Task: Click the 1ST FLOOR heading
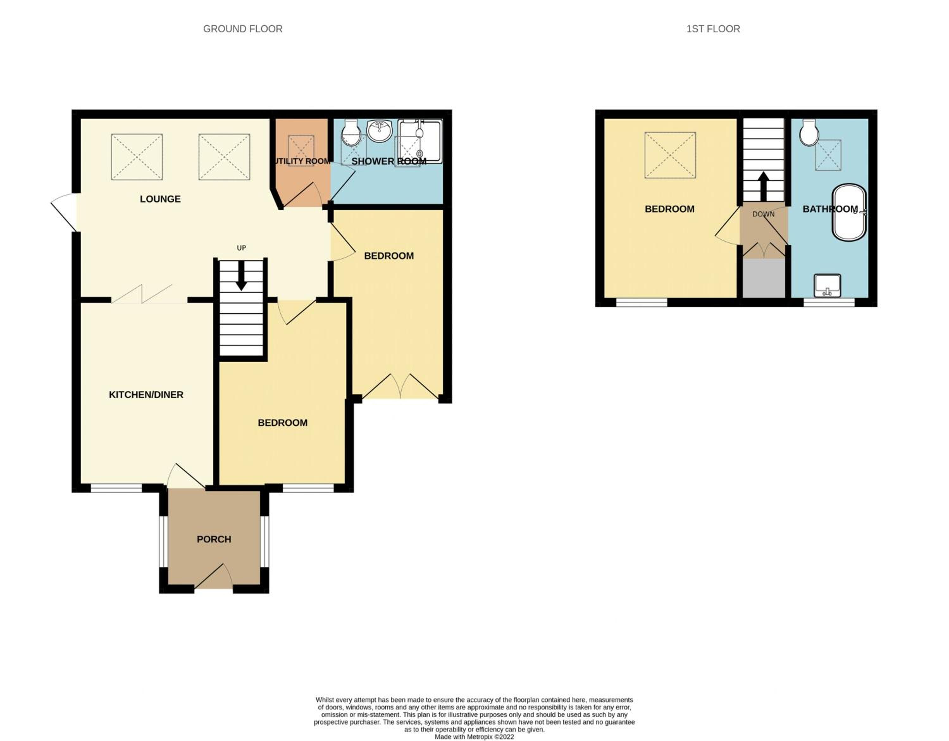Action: pyautogui.click(x=713, y=29)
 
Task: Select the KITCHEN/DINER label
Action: pyautogui.click(x=146, y=395)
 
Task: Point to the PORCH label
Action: pyautogui.click(x=214, y=539)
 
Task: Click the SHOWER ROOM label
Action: pyautogui.click(x=388, y=161)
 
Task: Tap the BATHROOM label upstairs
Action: pyautogui.click(x=830, y=209)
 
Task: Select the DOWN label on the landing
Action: pyautogui.click(x=763, y=214)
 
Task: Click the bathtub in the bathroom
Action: pyautogui.click(x=849, y=212)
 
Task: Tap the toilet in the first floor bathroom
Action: pyautogui.click(x=809, y=132)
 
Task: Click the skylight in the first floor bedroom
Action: pyautogui.click(x=670, y=155)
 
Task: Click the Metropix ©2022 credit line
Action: pyautogui.click(x=474, y=737)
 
